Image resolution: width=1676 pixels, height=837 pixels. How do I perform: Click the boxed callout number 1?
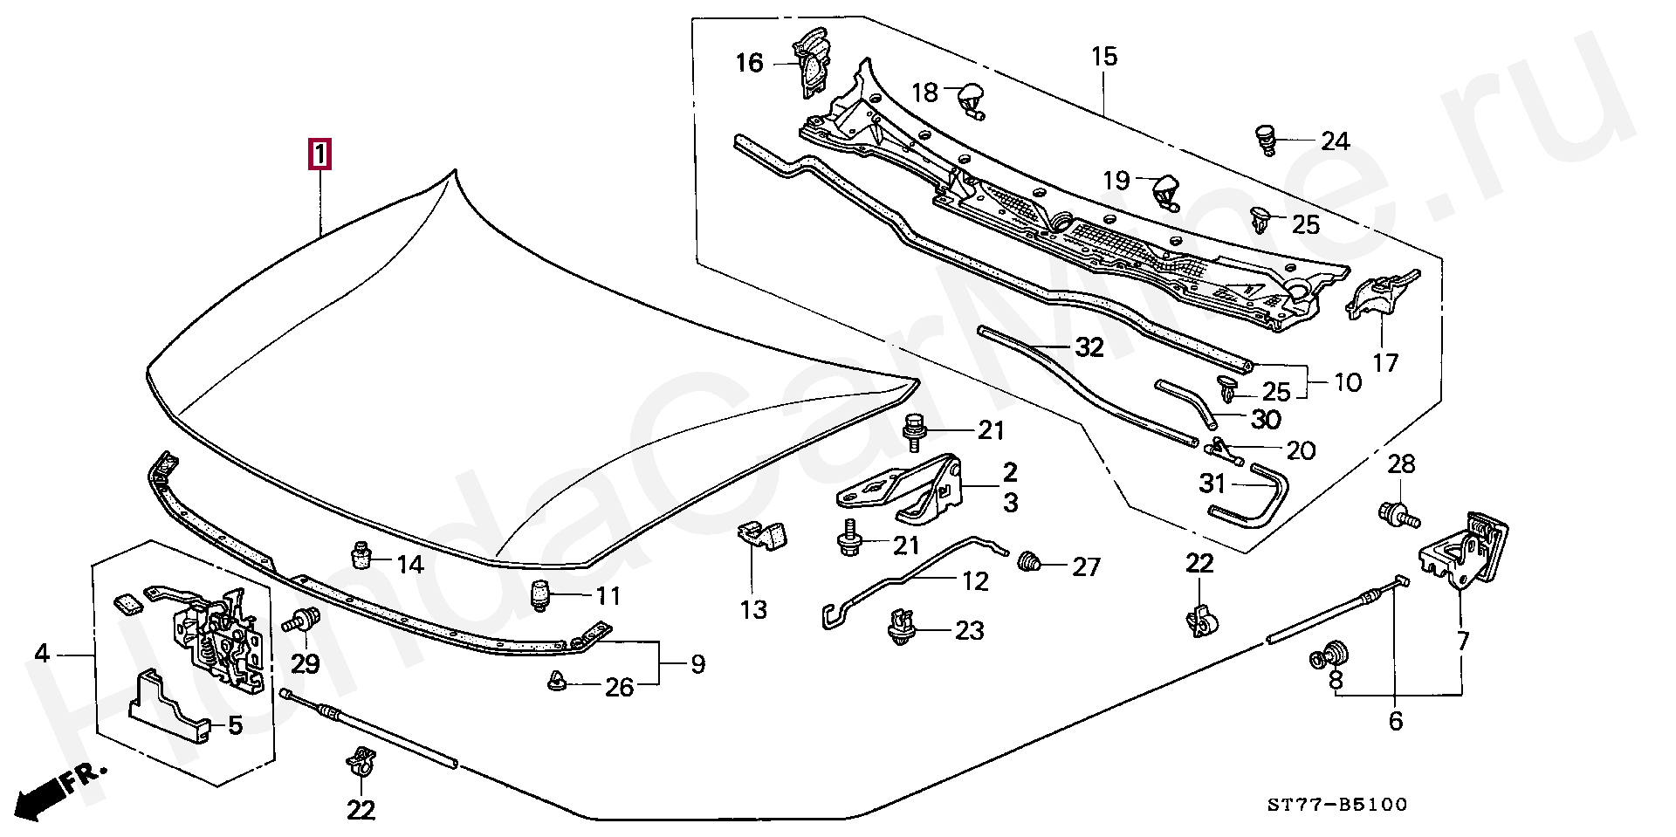tap(319, 155)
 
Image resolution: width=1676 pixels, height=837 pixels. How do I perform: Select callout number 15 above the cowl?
tap(1103, 57)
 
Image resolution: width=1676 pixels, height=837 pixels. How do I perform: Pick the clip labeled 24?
tap(1266, 139)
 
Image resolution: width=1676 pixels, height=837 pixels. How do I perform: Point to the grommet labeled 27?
tap(1031, 563)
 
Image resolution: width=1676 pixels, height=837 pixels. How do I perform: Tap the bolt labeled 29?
tap(302, 623)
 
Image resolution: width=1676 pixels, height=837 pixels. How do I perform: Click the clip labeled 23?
tap(900, 627)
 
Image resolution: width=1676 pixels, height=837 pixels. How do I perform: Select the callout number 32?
tap(1089, 348)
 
